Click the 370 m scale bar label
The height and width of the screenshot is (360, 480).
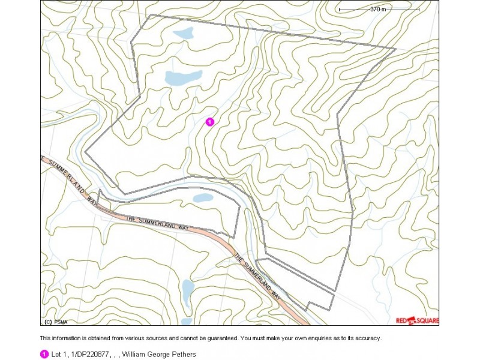tap(378, 10)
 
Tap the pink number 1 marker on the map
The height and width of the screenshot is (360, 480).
tap(209, 122)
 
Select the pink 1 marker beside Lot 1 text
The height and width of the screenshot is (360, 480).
tap(44, 355)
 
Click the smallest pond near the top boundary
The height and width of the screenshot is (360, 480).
tap(182, 33)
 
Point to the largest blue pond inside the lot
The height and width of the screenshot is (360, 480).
tap(175, 78)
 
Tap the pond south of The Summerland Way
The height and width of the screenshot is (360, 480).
tap(188, 291)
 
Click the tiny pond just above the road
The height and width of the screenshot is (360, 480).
tap(204, 198)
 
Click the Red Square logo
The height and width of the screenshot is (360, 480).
tap(417, 320)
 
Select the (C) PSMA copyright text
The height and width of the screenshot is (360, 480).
tap(53, 321)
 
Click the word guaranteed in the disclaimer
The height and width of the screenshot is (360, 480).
tap(220, 338)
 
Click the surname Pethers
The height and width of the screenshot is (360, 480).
tap(184, 355)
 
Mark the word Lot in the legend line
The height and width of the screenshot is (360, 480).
tap(56, 355)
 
